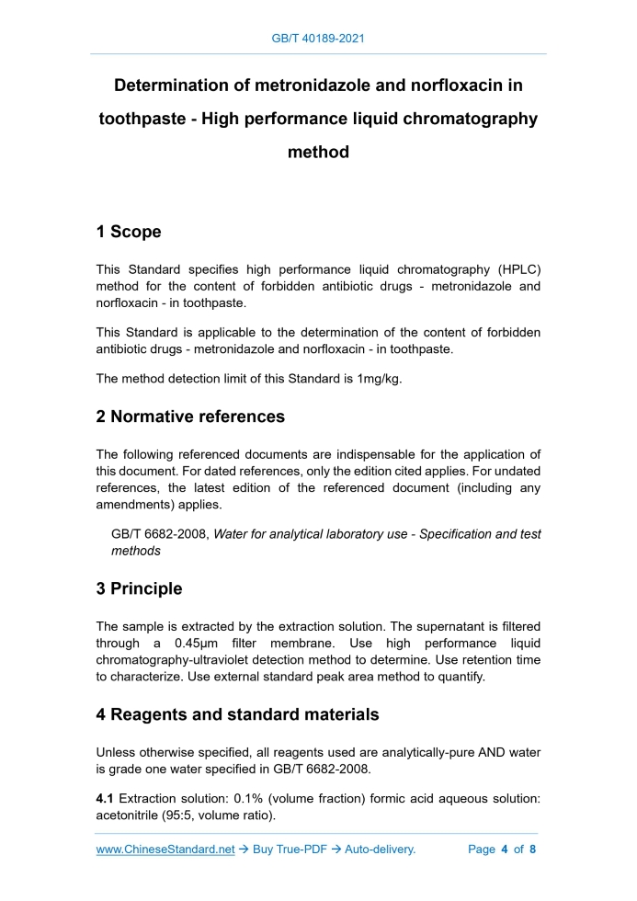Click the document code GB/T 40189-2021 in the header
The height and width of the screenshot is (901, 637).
[x=318, y=39]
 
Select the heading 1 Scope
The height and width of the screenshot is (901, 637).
[x=129, y=232]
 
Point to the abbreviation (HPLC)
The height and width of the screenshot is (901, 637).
[x=518, y=269]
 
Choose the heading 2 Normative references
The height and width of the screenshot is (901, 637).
[x=190, y=416]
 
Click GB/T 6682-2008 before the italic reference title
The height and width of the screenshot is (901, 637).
[x=159, y=534]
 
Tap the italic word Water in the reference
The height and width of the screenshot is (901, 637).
[x=233, y=534]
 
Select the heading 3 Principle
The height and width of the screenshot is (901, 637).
[x=139, y=588]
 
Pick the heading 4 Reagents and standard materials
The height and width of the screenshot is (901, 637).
[x=237, y=713]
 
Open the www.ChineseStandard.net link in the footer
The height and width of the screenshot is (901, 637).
[x=165, y=850]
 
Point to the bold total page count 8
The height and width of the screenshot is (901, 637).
[x=532, y=850]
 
